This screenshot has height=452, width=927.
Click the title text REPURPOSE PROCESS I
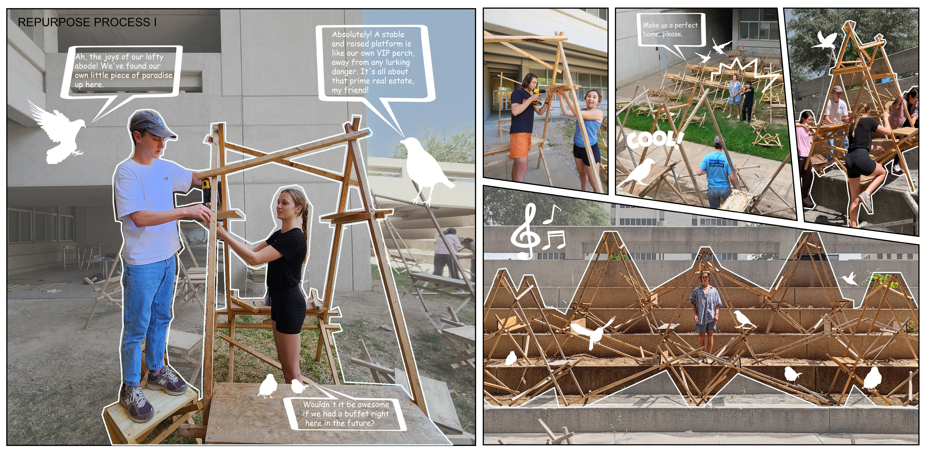(87, 22)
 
